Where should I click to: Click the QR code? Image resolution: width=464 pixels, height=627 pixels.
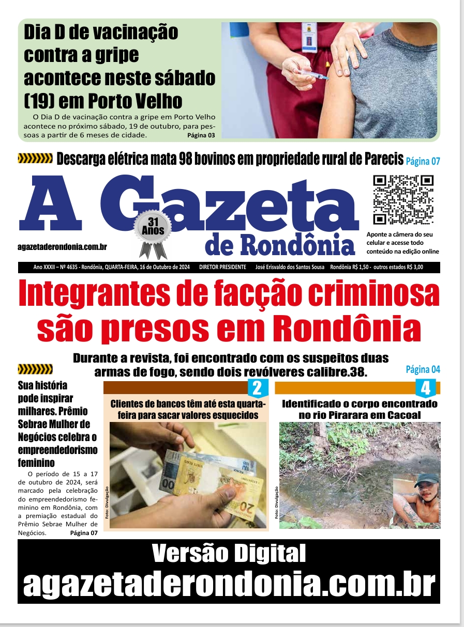coord(403,199)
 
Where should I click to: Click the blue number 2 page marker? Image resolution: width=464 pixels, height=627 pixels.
coord(257,388)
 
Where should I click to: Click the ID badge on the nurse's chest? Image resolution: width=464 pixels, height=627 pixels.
coord(309,37)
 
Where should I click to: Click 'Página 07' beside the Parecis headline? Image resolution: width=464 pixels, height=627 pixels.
coord(423,161)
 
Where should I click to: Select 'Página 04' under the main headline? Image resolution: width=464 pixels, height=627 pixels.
coord(423,369)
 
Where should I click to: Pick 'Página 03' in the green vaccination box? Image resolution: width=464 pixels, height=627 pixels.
coord(201,135)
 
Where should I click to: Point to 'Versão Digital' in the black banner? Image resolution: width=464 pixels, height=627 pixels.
coord(229,554)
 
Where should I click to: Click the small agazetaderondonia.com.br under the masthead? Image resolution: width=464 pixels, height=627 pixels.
coord(62,247)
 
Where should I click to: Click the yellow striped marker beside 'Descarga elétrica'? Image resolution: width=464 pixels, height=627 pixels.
coord(35,159)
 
